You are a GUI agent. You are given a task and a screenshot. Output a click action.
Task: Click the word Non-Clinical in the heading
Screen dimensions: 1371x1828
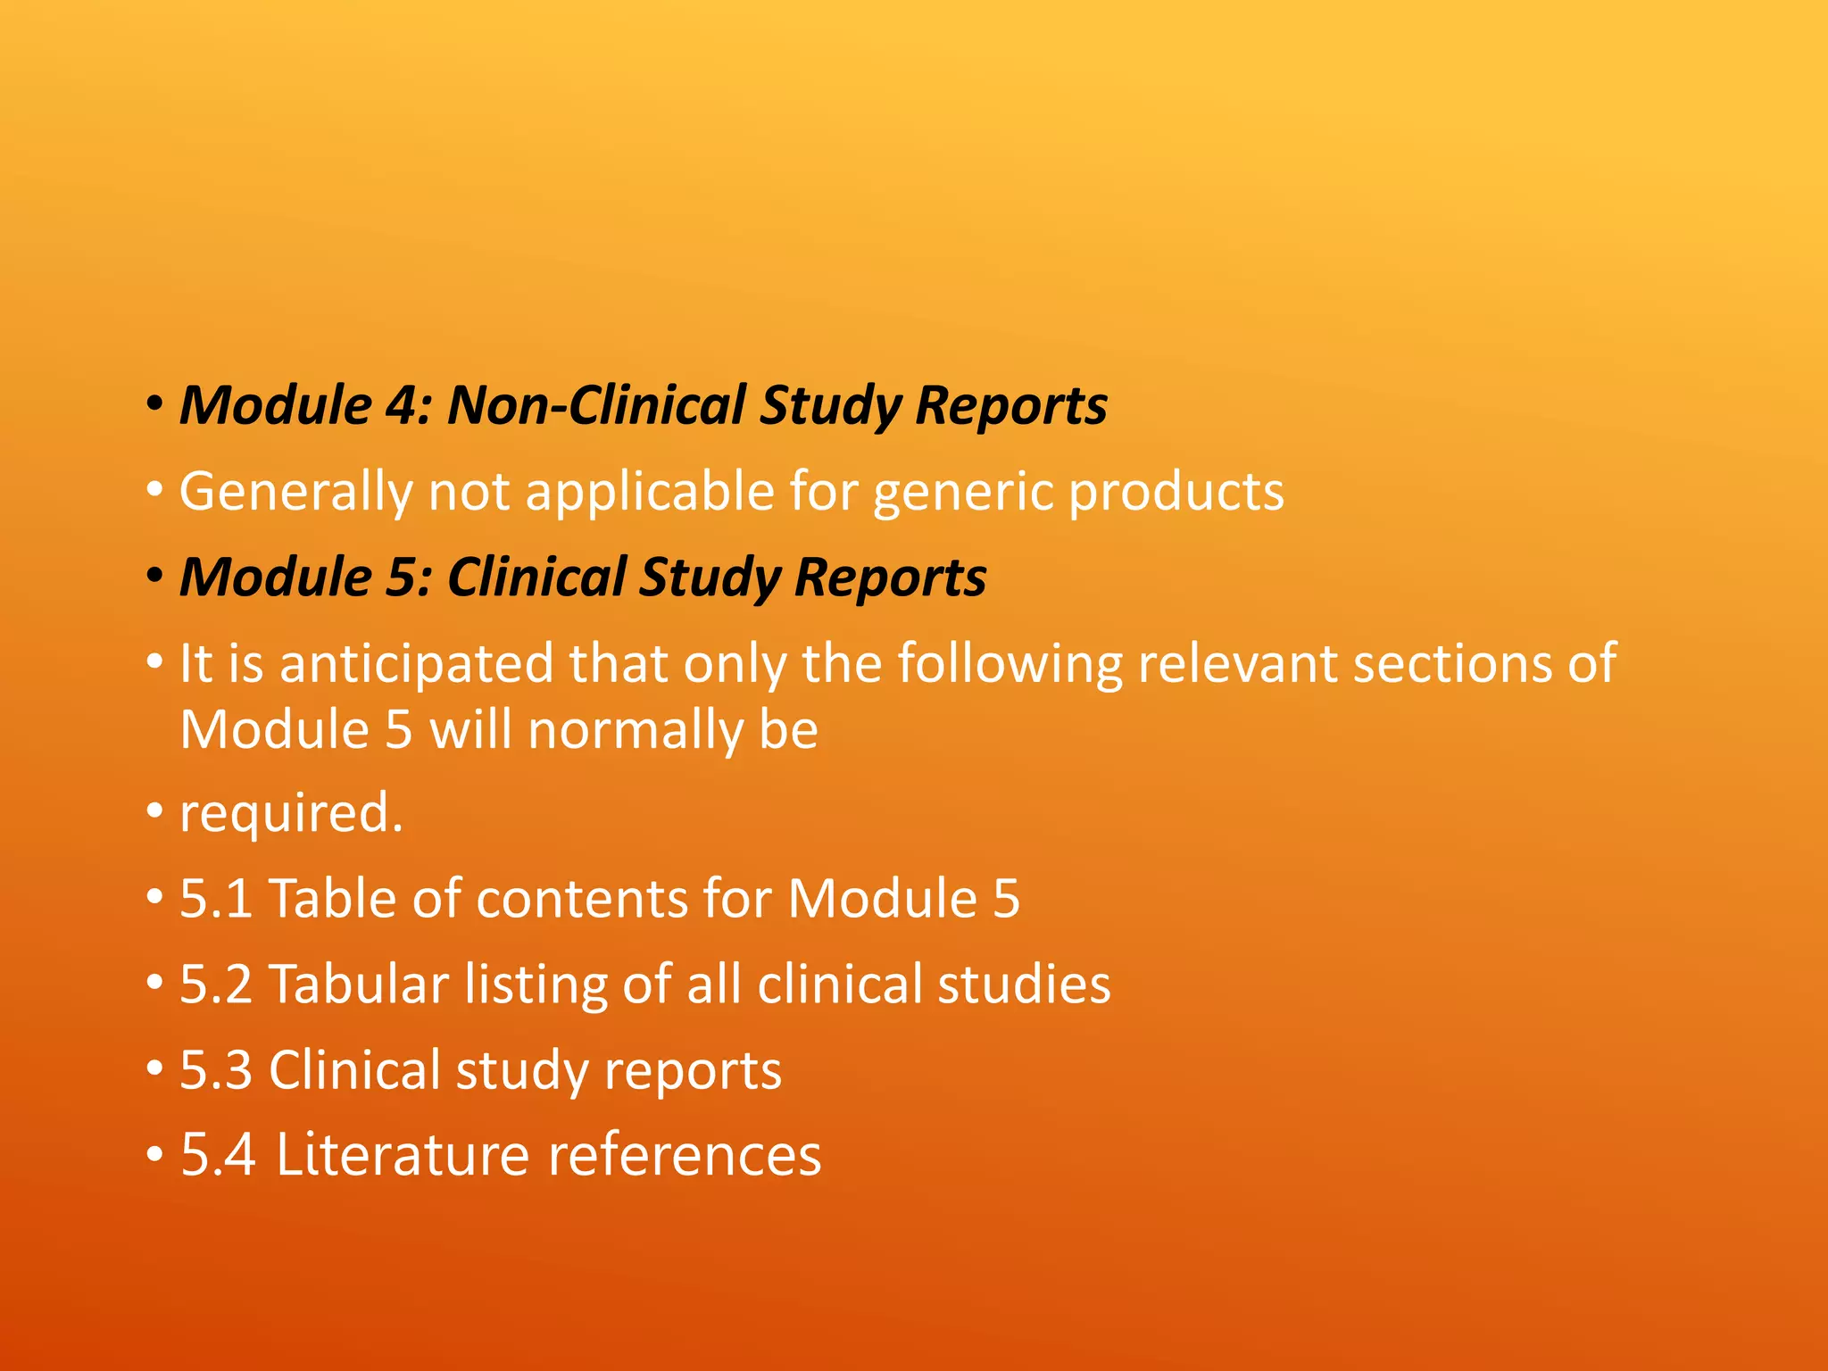click(595, 406)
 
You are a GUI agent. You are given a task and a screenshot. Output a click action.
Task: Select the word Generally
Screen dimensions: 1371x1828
click(295, 493)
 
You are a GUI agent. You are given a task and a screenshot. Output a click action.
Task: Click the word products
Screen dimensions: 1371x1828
click(1176, 493)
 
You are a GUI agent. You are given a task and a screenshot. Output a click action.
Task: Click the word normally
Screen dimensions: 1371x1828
click(635, 730)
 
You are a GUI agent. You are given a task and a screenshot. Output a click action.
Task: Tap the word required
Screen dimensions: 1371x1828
click(291, 813)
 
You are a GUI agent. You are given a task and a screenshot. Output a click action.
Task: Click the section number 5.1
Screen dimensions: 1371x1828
click(216, 899)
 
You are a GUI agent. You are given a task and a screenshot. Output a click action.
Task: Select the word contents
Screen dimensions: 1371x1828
click(581, 899)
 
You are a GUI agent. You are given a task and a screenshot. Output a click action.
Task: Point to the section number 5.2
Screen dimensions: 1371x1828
click(216, 985)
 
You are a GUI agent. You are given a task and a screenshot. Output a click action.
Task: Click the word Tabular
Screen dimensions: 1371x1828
click(358, 985)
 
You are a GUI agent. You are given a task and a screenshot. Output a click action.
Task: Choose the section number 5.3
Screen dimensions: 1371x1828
click(216, 1070)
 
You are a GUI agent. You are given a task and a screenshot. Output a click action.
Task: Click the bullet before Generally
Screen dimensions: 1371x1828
click(155, 491)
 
